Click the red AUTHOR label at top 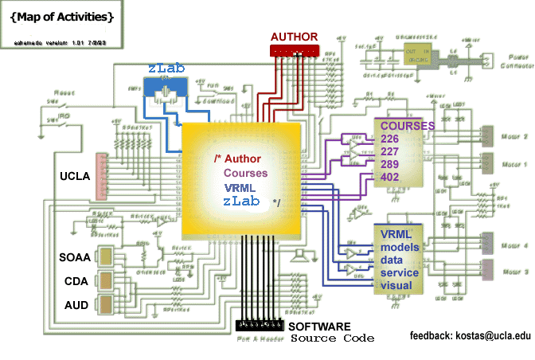click(x=294, y=36)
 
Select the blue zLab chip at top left click(x=166, y=90)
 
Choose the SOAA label click(x=75, y=256)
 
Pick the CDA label click(x=76, y=280)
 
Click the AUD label click(x=76, y=305)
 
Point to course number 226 click(x=390, y=139)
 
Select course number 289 click(x=390, y=165)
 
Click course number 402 click(x=390, y=178)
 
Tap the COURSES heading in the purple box click(x=407, y=126)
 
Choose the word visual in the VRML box click(x=396, y=285)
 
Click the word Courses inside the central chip click(x=245, y=173)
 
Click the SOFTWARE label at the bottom click(x=318, y=327)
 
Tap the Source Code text click(x=331, y=338)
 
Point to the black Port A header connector click(x=260, y=327)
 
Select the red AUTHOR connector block click(x=294, y=50)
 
